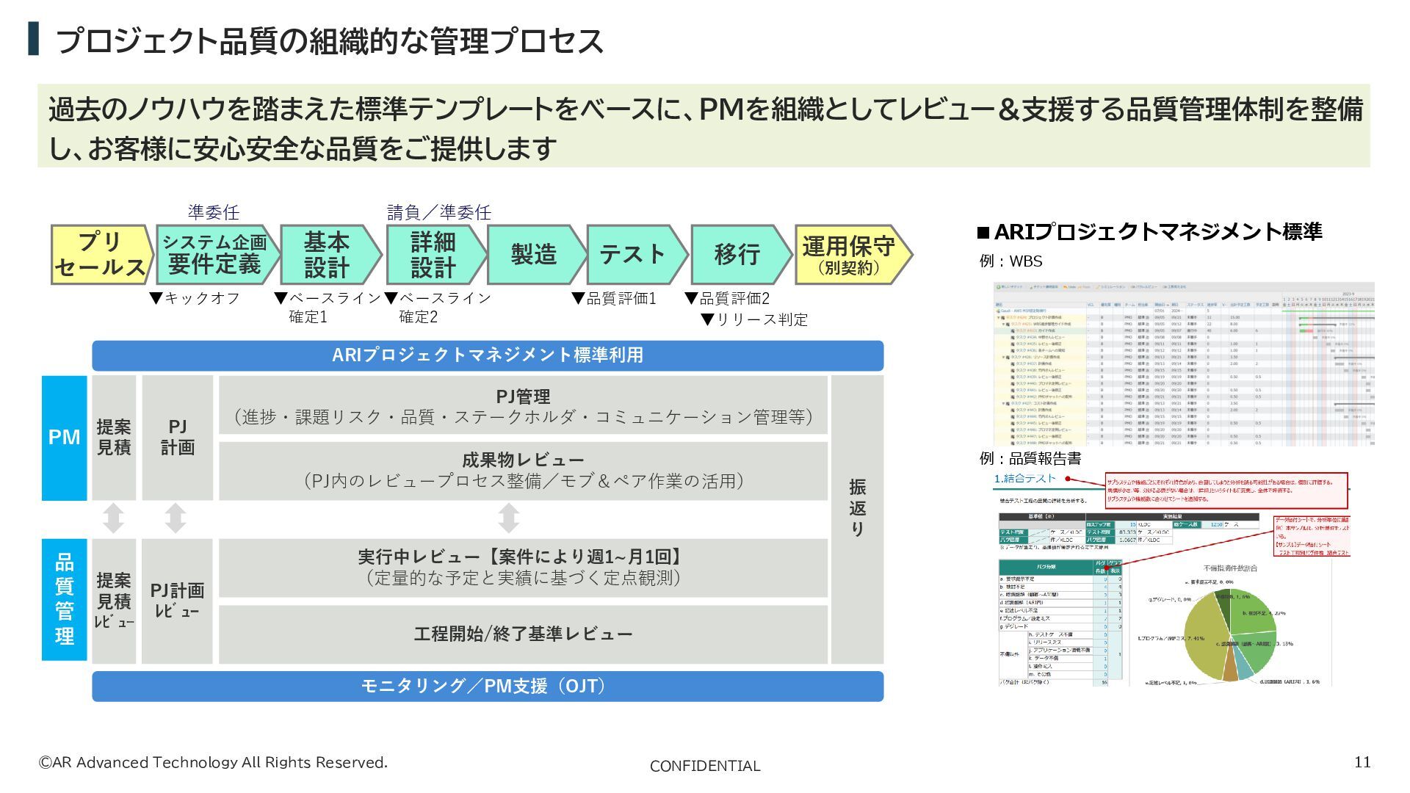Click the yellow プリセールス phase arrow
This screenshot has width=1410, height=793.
[101, 255]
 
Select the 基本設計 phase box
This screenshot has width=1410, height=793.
[328, 255]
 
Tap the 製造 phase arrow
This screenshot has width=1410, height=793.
[534, 255]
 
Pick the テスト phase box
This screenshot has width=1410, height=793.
[632, 255]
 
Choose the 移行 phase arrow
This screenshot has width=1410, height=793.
[737, 255]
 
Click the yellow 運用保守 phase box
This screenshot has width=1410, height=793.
[849, 255]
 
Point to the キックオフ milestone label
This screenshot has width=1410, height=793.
[195, 298]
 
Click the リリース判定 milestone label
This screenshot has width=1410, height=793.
[754, 319]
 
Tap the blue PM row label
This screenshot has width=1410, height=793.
[65, 438]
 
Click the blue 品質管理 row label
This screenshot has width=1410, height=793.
[65, 599]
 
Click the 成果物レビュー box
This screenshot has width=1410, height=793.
[523, 471]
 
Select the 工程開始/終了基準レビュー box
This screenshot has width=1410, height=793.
[523, 634]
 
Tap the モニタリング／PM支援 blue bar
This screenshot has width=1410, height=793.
[488, 686]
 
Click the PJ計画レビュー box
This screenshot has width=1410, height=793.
[177, 601]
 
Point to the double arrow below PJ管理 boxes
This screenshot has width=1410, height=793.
[508, 518]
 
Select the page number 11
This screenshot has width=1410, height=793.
[1362, 762]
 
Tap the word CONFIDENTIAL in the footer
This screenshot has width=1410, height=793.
[705, 766]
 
